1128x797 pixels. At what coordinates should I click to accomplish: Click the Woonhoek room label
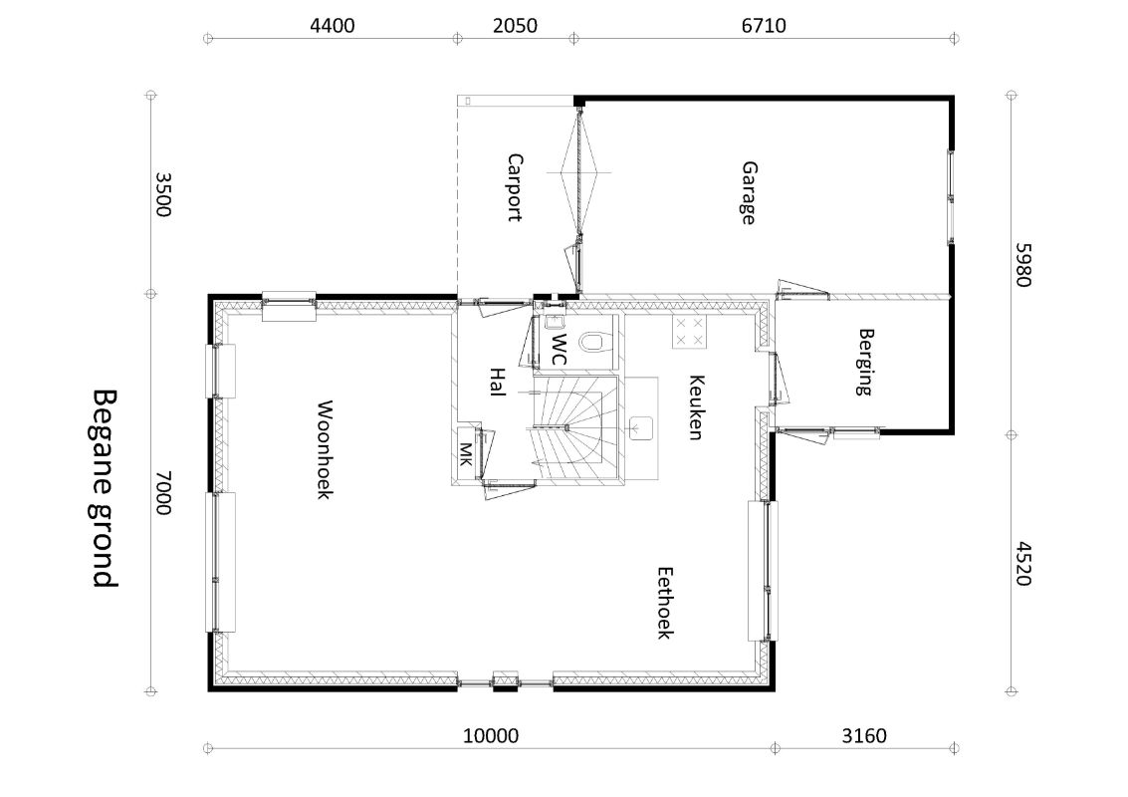click(325, 450)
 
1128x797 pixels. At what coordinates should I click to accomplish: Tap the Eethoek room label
click(665, 604)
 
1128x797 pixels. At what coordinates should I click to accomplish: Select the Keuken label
click(696, 406)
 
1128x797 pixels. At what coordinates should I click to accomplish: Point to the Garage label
click(749, 193)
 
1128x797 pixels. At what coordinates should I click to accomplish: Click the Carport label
click(515, 187)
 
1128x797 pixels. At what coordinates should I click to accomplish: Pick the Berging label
click(865, 363)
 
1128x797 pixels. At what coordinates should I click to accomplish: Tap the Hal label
click(497, 382)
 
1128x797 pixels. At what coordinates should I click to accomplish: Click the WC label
click(559, 349)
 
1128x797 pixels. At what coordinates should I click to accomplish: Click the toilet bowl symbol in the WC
click(594, 342)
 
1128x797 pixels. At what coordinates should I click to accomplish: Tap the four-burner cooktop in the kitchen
click(689, 332)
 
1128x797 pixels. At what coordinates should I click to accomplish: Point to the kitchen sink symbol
click(641, 427)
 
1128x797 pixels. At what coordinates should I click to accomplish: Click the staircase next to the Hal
click(575, 427)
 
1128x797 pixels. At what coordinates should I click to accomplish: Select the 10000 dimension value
click(491, 736)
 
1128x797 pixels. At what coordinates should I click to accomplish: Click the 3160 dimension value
click(864, 736)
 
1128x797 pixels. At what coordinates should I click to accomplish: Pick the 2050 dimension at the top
click(515, 26)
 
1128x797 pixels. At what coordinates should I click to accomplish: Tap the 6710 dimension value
click(764, 26)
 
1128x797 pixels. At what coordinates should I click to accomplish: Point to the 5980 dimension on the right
click(1023, 265)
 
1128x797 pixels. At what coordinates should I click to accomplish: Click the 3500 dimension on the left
click(163, 194)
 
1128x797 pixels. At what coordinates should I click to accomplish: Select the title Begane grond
click(105, 489)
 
